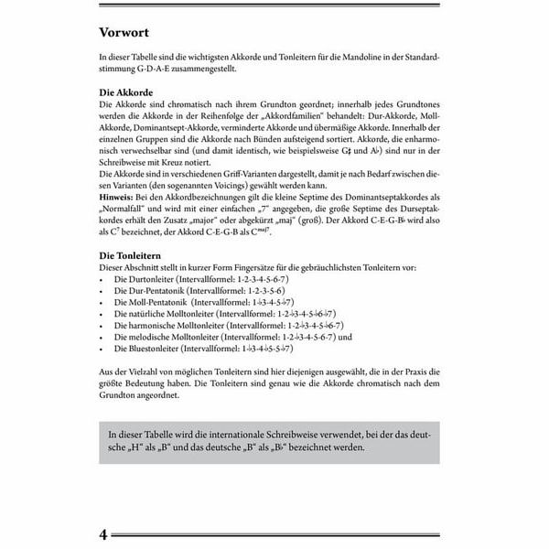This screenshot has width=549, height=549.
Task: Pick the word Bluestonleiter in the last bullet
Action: point(157,349)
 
